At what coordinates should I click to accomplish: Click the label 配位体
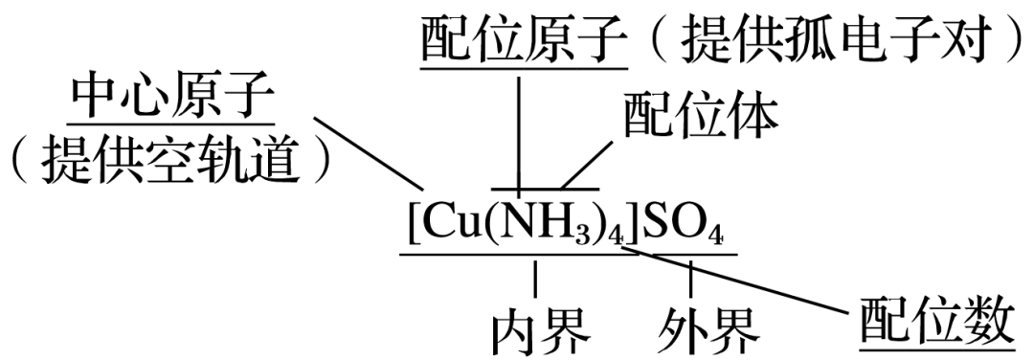coord(702,115)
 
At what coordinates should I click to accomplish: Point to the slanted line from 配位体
coord(586,163)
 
